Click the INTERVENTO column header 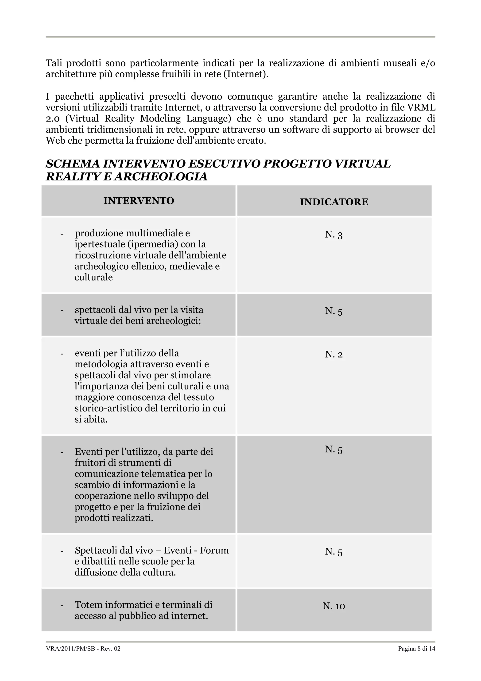coord(139,201)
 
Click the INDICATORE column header coord(334,202)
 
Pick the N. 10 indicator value coord(334,606)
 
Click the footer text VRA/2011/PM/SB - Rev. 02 coord(83,657)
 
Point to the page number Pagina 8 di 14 coord(416,657)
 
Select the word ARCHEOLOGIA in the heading coord(161,177)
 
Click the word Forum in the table coord(214,551)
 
